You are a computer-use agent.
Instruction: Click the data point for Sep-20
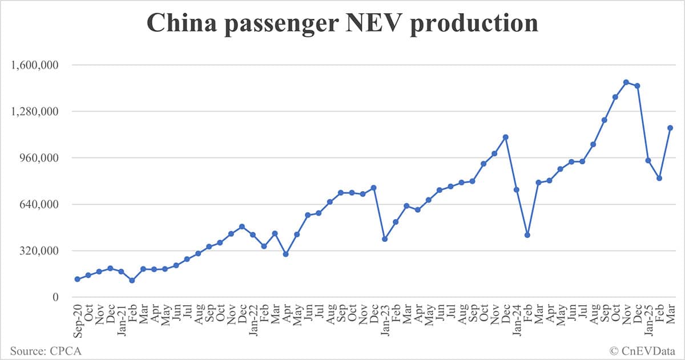pos(77,279)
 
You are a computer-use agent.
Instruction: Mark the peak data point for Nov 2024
pos(626,82)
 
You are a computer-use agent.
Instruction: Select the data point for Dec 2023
pos(505,137)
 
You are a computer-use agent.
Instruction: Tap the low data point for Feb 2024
pos(527,235)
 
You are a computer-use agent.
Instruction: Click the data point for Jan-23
pos(385,239)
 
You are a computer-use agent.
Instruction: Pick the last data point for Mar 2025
pos(670,128)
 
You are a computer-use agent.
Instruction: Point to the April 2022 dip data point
pos(285,254)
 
